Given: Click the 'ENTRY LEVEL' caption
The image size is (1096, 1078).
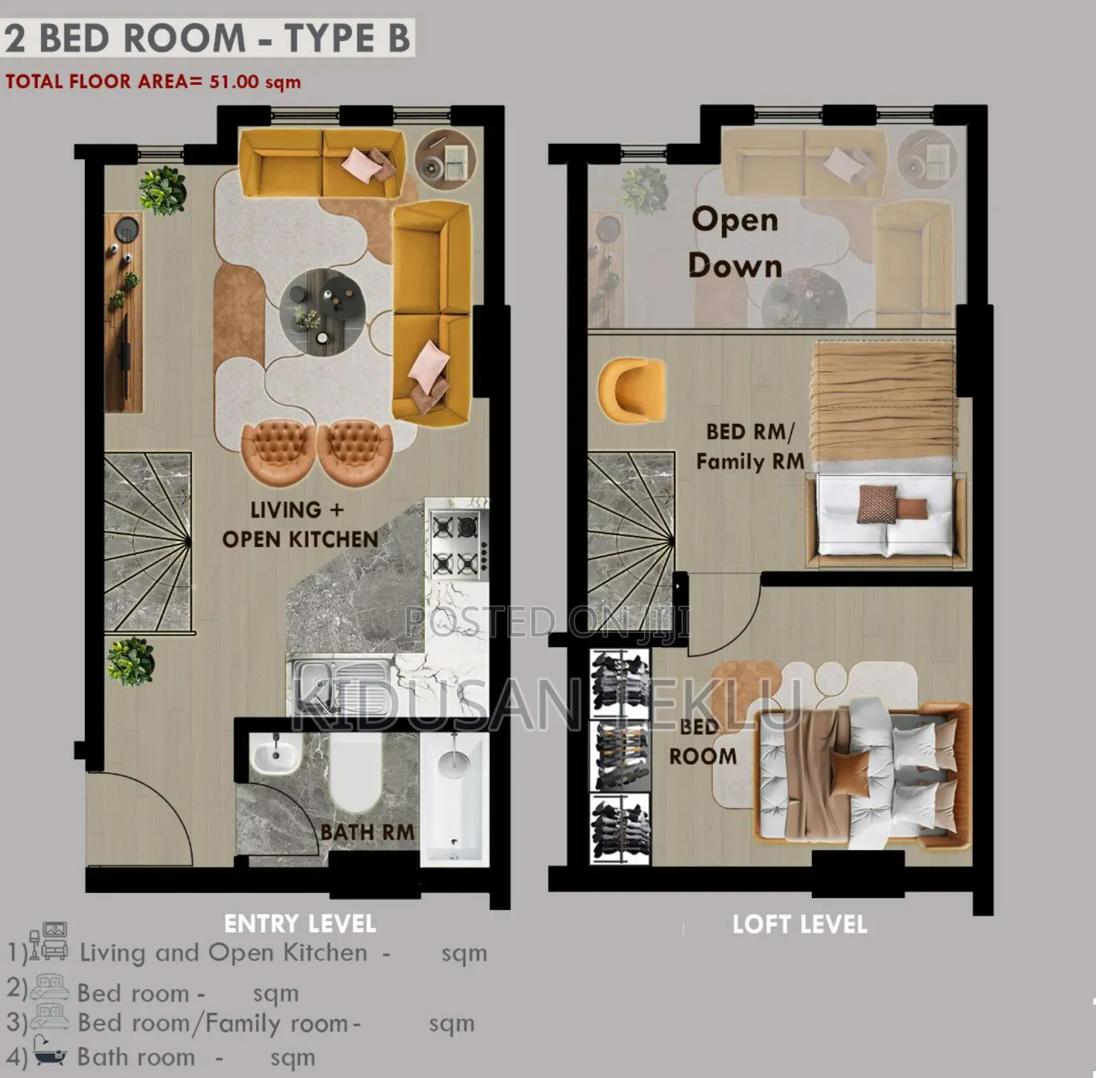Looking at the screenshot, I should pyautogui.click(x=300, y=924).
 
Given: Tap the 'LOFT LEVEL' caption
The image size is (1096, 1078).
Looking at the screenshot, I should pyautogui.click(x=799, y=925).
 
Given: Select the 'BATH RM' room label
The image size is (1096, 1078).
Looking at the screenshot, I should pyautogui.click(x=367, y=832).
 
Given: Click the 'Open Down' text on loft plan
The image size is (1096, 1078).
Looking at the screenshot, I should pyautogui.click(x=735, y=243).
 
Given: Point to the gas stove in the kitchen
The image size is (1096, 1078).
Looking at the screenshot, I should pyautogui.click(x=456, y=545).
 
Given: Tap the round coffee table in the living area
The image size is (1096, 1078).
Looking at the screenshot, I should pyautogui.click(x=322, y=312).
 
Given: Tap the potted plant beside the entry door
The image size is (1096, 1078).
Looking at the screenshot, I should pyautogui.click(x=129, y=661).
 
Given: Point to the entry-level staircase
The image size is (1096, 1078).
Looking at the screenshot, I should pyautogui.click(x=147, y=541).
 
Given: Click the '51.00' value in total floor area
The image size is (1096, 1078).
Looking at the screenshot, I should pyautogui.click(x=234, y=82).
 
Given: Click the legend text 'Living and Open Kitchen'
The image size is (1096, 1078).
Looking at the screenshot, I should pyautogui.click(x=223, y=953).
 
